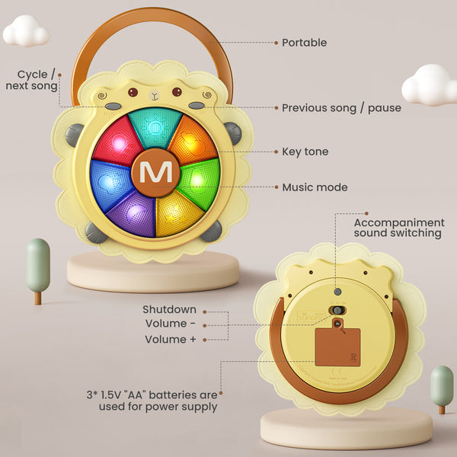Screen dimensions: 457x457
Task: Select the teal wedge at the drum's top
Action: (155, 126)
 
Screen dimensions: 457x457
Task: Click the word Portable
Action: (304, 43)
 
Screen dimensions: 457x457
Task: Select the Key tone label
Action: (305, 152)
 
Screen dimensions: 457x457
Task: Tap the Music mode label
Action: (315, 187)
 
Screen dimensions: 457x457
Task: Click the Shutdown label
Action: (169, 310)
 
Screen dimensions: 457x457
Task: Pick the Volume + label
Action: (165, 340)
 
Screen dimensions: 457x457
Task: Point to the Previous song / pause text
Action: (341, 108)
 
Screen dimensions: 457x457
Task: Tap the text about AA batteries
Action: (152, 401)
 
